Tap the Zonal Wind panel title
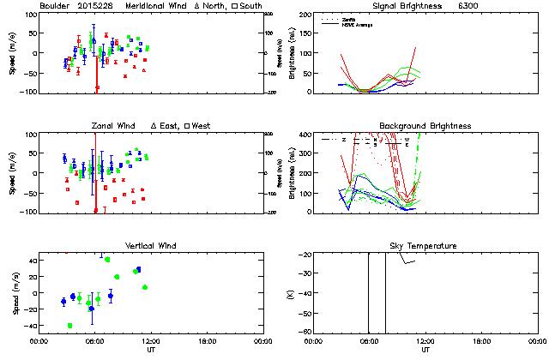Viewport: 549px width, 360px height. [114, 126]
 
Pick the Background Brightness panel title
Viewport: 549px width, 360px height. [425, 126]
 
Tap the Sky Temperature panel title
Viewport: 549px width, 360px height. [425, 246]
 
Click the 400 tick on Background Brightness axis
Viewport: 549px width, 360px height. [305, 135]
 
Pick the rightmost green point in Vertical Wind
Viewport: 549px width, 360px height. [145, 287]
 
